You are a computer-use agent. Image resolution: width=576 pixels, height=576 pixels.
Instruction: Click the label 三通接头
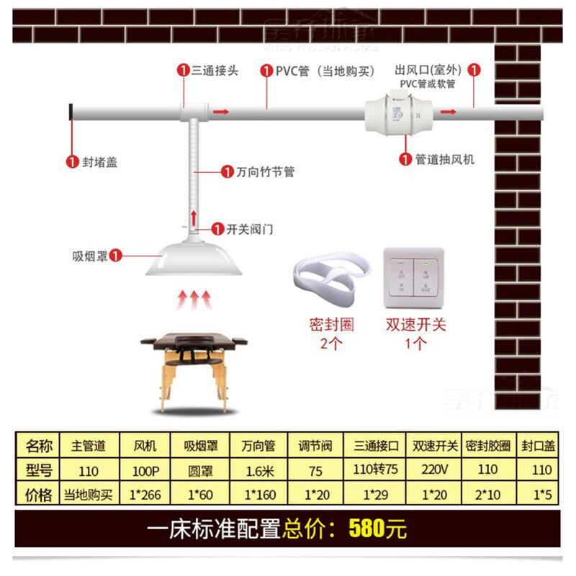click(215, 71)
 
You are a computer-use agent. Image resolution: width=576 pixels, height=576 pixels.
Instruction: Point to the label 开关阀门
click(250, 230)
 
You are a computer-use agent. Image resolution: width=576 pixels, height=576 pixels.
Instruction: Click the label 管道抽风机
click(445, 160)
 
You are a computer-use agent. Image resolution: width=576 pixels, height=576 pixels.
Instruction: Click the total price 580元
click(378, 529)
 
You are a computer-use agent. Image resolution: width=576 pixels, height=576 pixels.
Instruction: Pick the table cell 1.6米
click(258, 471)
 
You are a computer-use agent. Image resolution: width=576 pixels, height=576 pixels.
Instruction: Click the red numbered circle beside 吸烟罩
click(115, 255)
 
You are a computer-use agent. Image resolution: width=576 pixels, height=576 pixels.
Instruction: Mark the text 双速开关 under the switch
click(415, 324)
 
